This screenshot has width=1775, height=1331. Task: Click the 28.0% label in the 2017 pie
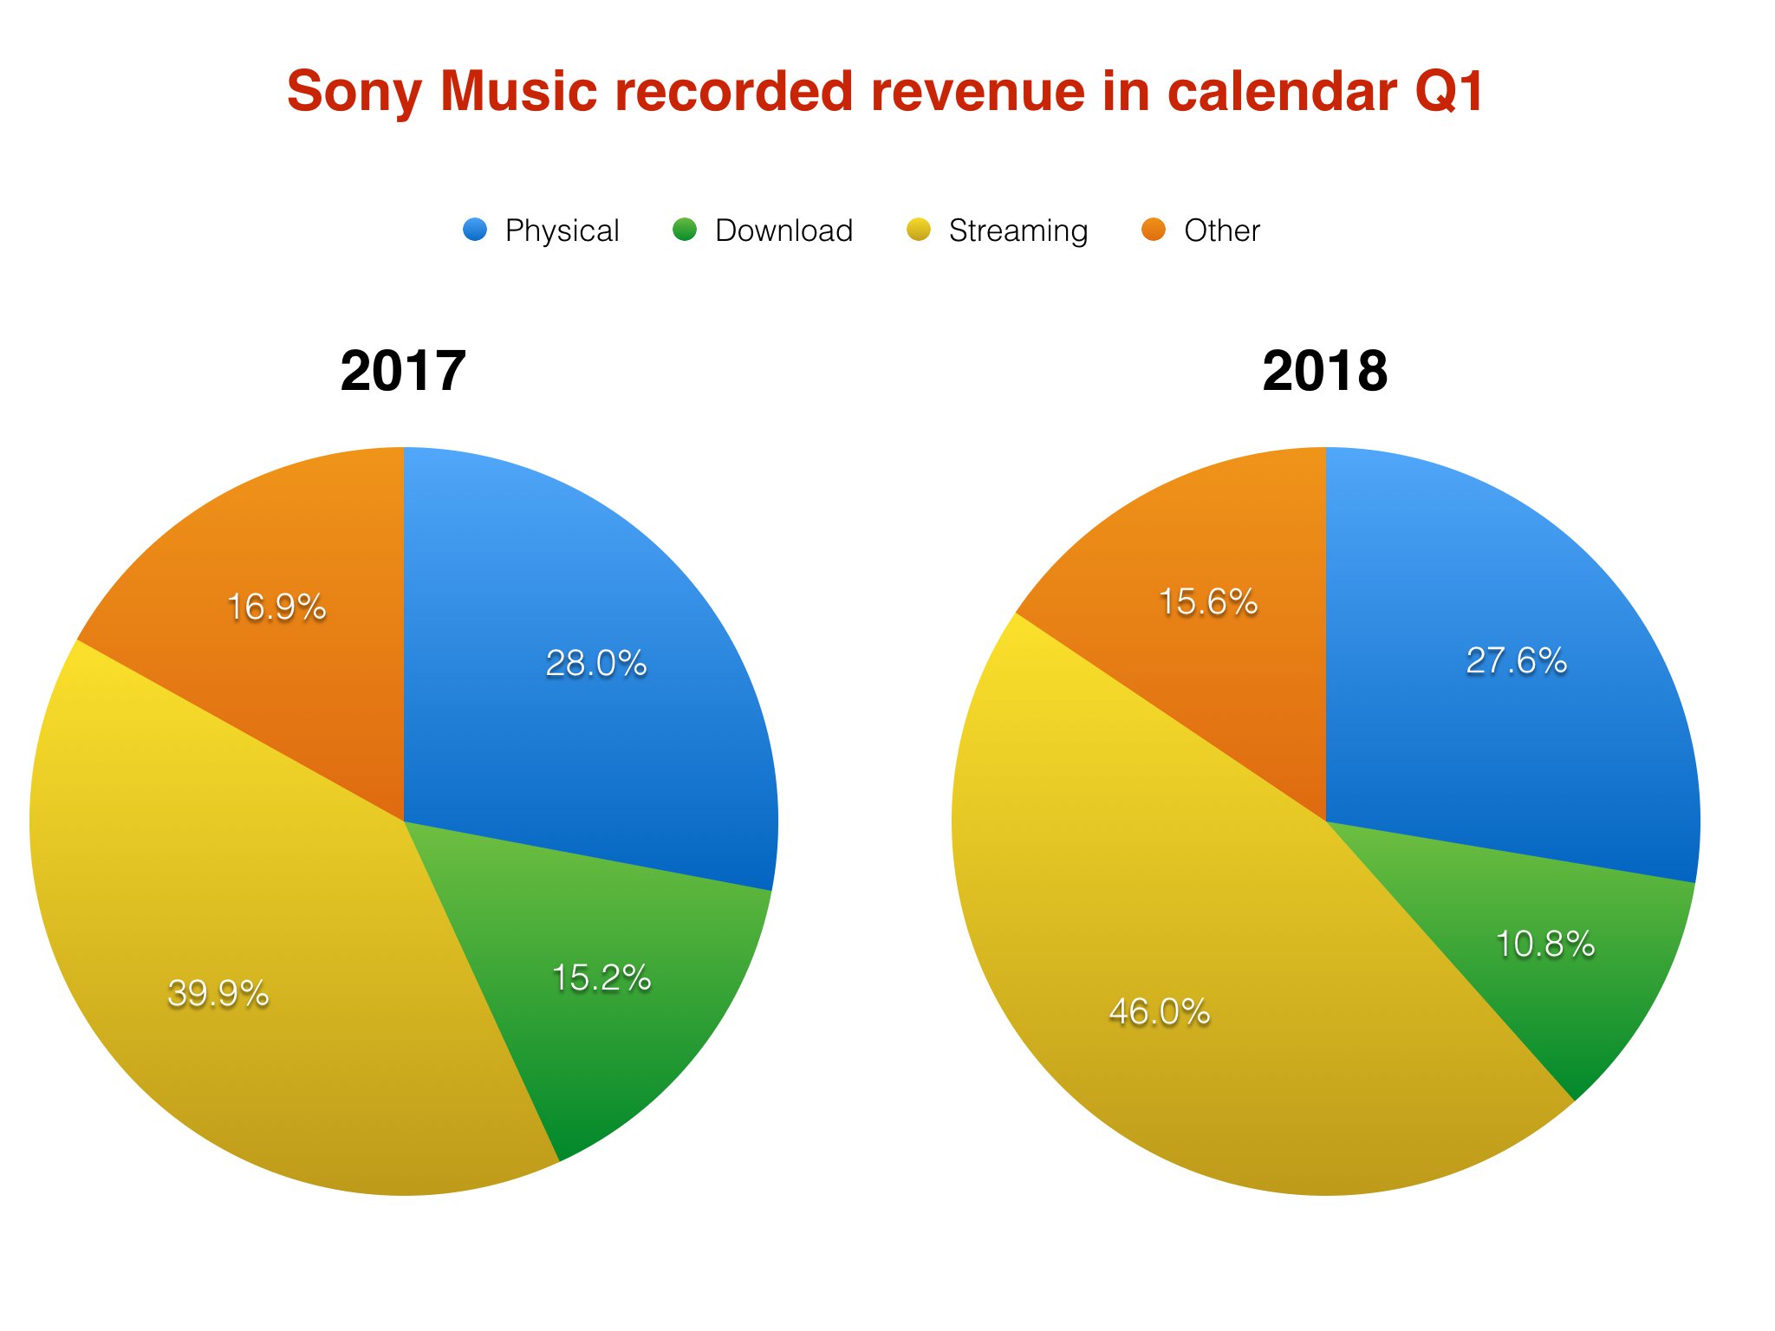(x=596, y=664)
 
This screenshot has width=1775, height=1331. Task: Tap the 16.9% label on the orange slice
(x=276, y=607)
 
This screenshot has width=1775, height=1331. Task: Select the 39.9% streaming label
(x=218, y=993)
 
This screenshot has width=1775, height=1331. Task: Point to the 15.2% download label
(x=601, y=978)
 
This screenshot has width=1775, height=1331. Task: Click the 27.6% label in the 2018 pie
(x=1516, y=661)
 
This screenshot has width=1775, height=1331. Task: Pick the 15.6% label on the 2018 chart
(x=1208, y=602)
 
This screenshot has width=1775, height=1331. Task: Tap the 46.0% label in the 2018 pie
(x=1160, y=1011)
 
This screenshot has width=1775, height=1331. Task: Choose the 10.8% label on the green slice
(x=1545, y=945)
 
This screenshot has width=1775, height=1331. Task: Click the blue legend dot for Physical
(x=475, y=230)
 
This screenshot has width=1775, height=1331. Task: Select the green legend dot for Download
(x=685, y=230)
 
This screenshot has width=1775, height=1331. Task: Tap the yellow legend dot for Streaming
(x=919, y=230)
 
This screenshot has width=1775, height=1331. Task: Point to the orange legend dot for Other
(x=1154, y=230)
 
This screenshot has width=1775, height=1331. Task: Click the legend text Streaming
(x=1018, y=231)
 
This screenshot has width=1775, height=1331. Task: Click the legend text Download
(x=783, y=230)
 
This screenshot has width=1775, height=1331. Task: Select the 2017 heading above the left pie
(x=403, y=371)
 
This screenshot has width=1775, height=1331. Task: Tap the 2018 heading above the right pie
(x=1324, y=371)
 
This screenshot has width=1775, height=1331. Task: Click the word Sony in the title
(x=355, y=92)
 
